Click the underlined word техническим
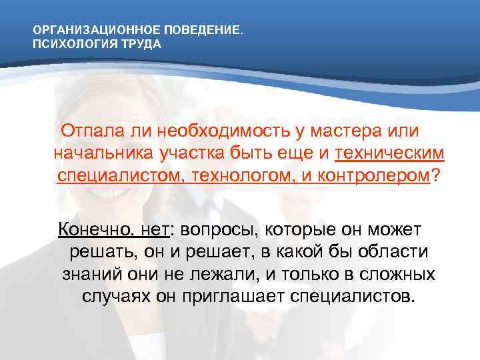389,153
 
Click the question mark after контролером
437,176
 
